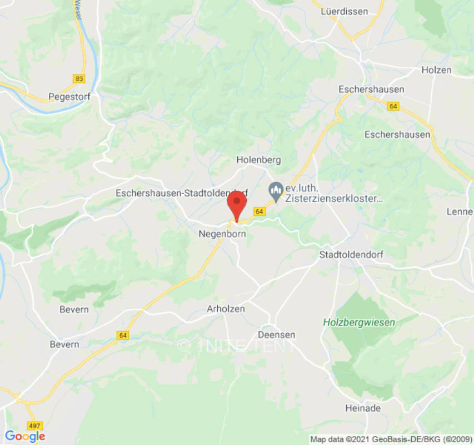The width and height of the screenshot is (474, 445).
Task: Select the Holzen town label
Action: [436, 70]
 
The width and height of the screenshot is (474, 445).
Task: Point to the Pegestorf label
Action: [69, 96]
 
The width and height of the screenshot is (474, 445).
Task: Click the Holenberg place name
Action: [258, 160]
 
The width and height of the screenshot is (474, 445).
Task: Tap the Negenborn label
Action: [222, 235]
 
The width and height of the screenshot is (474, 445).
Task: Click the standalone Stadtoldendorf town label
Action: [351, 254]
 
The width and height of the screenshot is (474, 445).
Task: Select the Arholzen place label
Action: [226, 309]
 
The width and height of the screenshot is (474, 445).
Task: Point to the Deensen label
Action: [277, 334]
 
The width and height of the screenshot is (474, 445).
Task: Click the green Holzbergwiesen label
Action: [360, 322]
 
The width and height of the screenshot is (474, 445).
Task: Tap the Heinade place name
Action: [363, 408]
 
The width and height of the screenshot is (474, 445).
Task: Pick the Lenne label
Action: [460, 212]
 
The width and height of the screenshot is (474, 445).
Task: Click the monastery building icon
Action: [275, 190]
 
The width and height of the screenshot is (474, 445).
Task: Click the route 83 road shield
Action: [79, 79]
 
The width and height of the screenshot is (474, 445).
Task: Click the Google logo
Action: [25, 436]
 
